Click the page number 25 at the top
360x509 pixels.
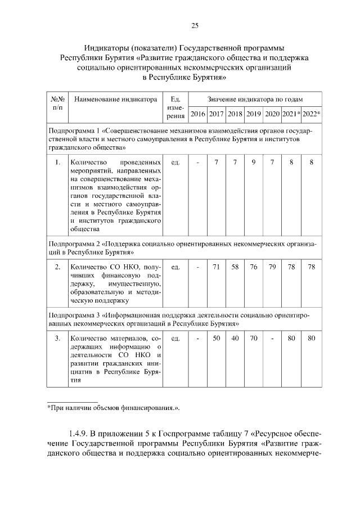195,25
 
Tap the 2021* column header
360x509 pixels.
291,114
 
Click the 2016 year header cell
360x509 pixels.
197,114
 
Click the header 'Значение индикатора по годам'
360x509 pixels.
255,99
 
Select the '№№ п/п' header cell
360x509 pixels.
57,103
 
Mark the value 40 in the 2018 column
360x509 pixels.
235,338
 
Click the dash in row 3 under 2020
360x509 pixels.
272,338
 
